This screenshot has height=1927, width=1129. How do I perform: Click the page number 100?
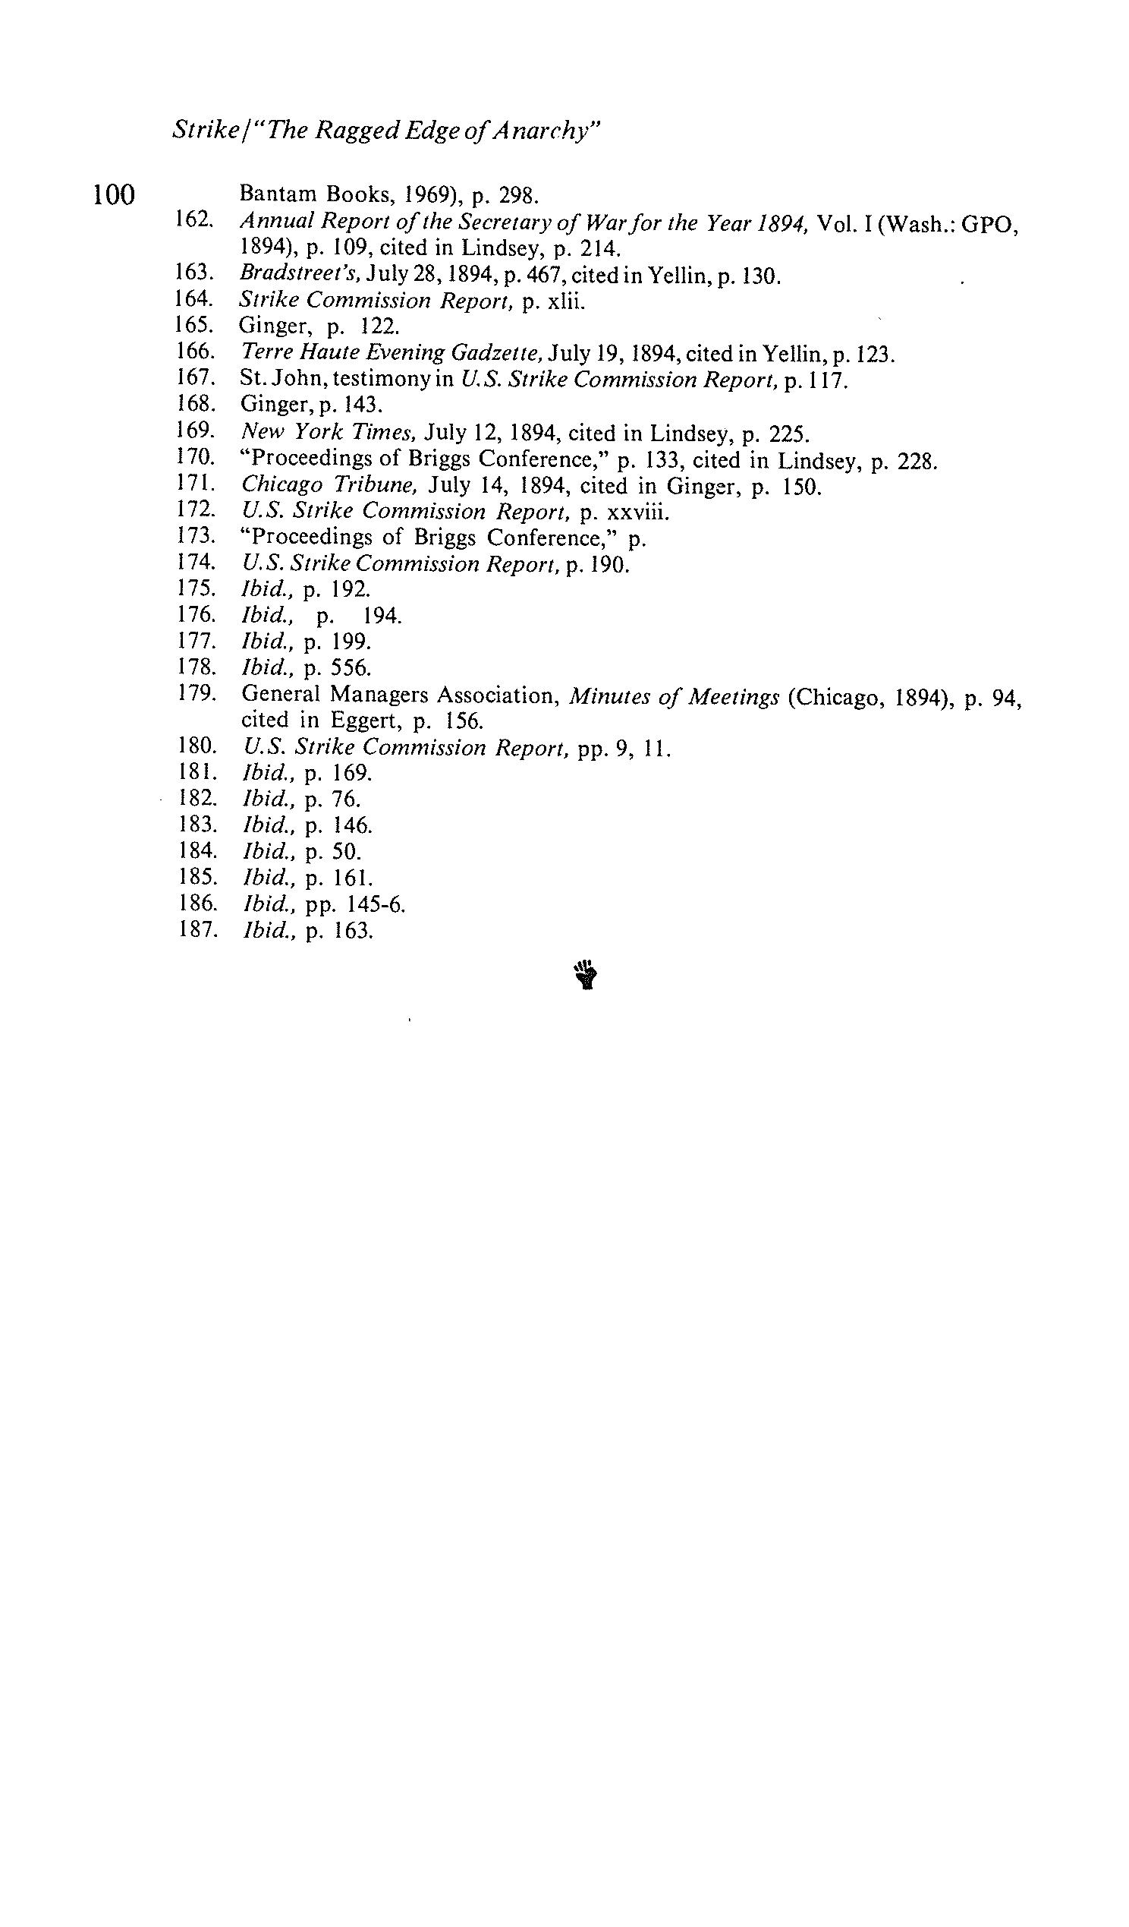[x=113, y=195]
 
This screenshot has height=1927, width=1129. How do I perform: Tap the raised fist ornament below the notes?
[x=585, y=975]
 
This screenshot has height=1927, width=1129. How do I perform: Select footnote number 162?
[x=193, y=219]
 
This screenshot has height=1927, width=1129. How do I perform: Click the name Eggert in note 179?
[x=364, y=721]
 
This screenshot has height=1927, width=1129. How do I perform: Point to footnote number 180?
[x=196, y=746]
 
